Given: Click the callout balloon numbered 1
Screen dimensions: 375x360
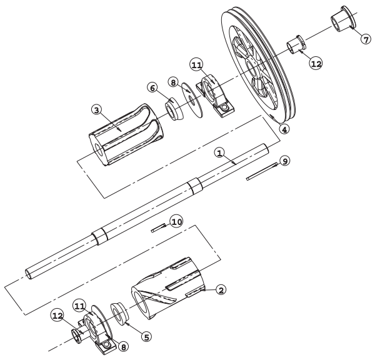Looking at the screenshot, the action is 220,153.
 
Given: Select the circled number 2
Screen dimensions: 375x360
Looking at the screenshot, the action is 221,290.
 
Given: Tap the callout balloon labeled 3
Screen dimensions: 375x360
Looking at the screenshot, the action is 97,110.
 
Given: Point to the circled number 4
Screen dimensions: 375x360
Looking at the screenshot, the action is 284,129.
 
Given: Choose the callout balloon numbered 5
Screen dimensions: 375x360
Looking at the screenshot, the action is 146,337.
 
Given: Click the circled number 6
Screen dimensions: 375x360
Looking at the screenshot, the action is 152,88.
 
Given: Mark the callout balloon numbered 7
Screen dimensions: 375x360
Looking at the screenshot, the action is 366,39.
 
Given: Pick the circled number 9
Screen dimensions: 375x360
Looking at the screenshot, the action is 285,161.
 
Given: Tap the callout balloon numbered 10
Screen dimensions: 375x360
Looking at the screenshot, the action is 176,222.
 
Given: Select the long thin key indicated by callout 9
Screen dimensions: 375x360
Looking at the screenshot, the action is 262,171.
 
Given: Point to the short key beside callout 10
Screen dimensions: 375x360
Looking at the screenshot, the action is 158,227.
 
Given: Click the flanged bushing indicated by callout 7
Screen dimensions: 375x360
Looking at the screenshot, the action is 343,19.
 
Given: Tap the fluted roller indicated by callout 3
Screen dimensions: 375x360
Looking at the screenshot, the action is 126,134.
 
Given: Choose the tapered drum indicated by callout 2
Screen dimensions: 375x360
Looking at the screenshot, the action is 168,288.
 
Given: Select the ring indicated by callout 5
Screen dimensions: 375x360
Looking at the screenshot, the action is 120,314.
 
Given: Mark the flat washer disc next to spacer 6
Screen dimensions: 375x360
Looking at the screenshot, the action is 192,100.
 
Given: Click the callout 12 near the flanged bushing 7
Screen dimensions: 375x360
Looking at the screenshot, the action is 316,64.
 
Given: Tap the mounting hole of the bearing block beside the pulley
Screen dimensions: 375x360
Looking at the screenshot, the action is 224,107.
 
